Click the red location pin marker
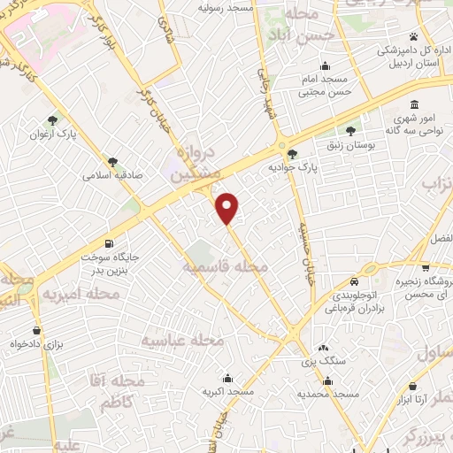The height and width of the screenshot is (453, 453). pos(227,207)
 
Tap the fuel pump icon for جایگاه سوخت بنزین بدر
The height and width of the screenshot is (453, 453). pos(109,243)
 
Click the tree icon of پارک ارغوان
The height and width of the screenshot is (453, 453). pos(54,119)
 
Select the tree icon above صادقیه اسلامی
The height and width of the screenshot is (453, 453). pos(112,162)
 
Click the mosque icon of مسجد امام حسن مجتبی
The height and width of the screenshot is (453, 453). pos(326,65)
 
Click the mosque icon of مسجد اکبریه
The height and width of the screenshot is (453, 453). pos(229,376)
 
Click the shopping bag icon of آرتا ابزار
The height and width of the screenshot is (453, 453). pos(413,385)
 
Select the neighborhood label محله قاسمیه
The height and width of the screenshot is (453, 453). pos(225,266)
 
